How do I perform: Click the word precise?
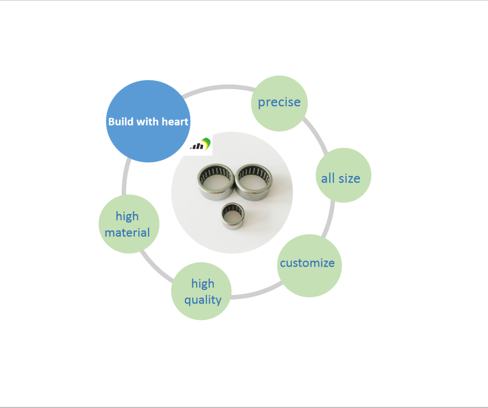[279, 103]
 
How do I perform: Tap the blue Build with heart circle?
[148, 121]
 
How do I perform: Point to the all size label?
[341, 178]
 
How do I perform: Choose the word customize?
[307, 263]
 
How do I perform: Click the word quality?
[202, 300]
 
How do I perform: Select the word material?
[127, 232]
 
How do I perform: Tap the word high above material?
[127, 216]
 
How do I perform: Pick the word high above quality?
[202, 284]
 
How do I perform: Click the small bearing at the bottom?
[233, 216]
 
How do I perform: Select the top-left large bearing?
[215, 182]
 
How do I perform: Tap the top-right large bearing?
[253, 182]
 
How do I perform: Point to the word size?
[349, 178]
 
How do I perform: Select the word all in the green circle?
[328, 178]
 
